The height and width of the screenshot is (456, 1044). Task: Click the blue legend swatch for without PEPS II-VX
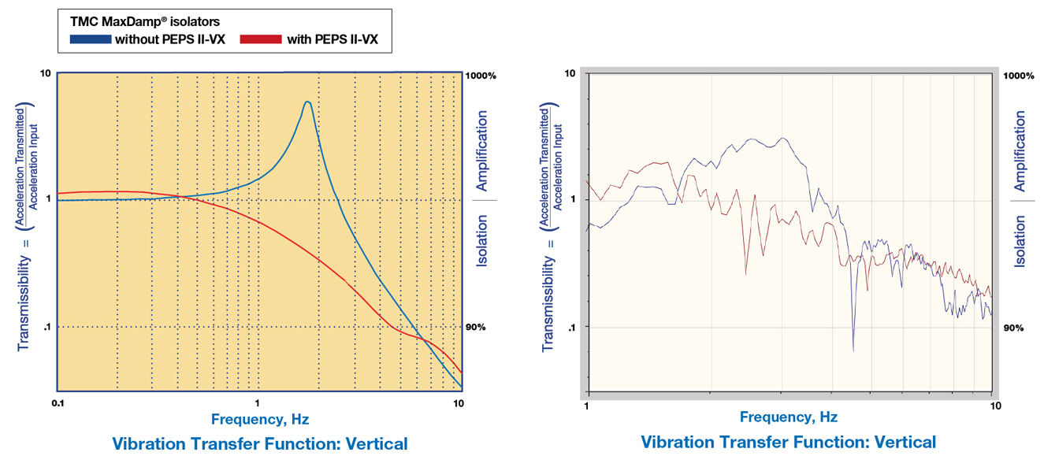(x=90, y=39)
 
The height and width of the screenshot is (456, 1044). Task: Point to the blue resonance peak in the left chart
(x=307, y=102)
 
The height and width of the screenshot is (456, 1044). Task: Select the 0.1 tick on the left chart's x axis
(x=58, y=403)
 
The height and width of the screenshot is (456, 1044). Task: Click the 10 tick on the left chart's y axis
(x=46, y=73)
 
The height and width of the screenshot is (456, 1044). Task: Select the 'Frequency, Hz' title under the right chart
(x=789, y=417)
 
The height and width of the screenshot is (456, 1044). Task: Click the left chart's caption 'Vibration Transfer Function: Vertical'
(x=260, y=443)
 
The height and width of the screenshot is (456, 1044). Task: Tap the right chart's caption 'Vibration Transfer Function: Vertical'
(x=788, y=442)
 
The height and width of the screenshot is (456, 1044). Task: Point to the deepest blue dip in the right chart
(x=853, y=349)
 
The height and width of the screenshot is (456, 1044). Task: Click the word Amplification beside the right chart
(x=1020, y=151)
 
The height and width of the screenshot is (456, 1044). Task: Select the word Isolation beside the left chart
(x=481, y=240)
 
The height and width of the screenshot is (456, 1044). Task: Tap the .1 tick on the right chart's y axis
(x=573, y=327)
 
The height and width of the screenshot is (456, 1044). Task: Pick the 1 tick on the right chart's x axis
(x=586, y=406)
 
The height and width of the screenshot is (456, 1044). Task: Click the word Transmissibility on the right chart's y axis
(x=547, y=296)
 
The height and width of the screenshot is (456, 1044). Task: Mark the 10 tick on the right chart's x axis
(x=994, y=406)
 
